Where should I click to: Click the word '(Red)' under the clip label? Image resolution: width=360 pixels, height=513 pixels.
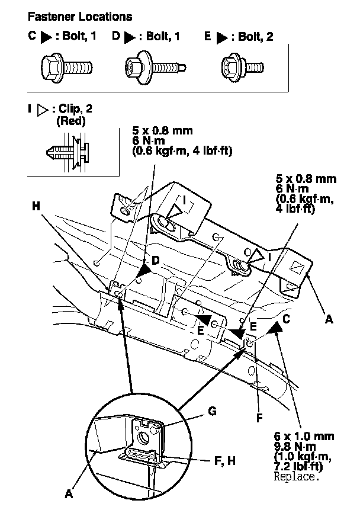click(x=70, y=122)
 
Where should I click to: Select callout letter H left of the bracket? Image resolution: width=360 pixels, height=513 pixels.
click(x=36, y=206)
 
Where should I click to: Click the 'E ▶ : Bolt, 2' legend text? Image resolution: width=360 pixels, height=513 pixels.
click(x=238, y=37)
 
